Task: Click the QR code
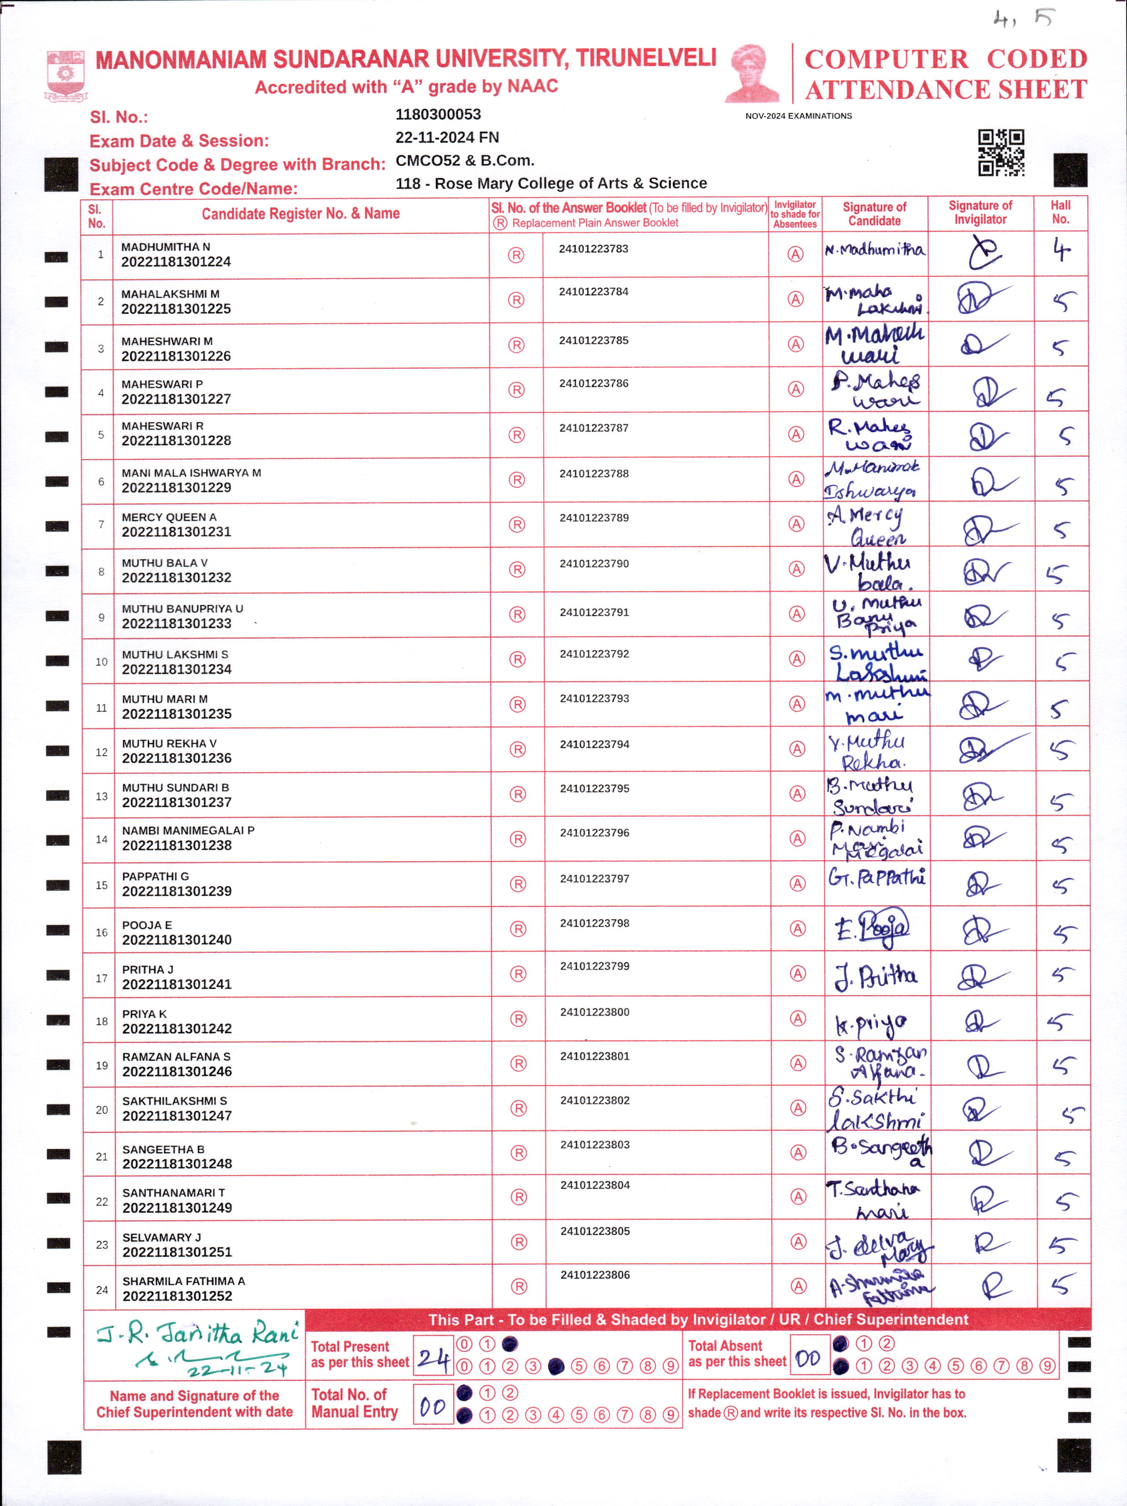coord(1001,153)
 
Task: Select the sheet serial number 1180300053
coord(438,114)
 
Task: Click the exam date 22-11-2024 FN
coord(447,138)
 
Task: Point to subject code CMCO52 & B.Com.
coord(465,161)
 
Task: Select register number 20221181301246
coord(177,1072)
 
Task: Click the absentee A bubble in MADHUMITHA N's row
coord(796,255)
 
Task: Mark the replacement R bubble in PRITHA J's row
coord(518,974)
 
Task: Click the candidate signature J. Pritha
coord(876,976)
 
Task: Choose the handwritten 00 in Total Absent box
coord(807,1358)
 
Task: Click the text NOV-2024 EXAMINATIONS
coord(798,116)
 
